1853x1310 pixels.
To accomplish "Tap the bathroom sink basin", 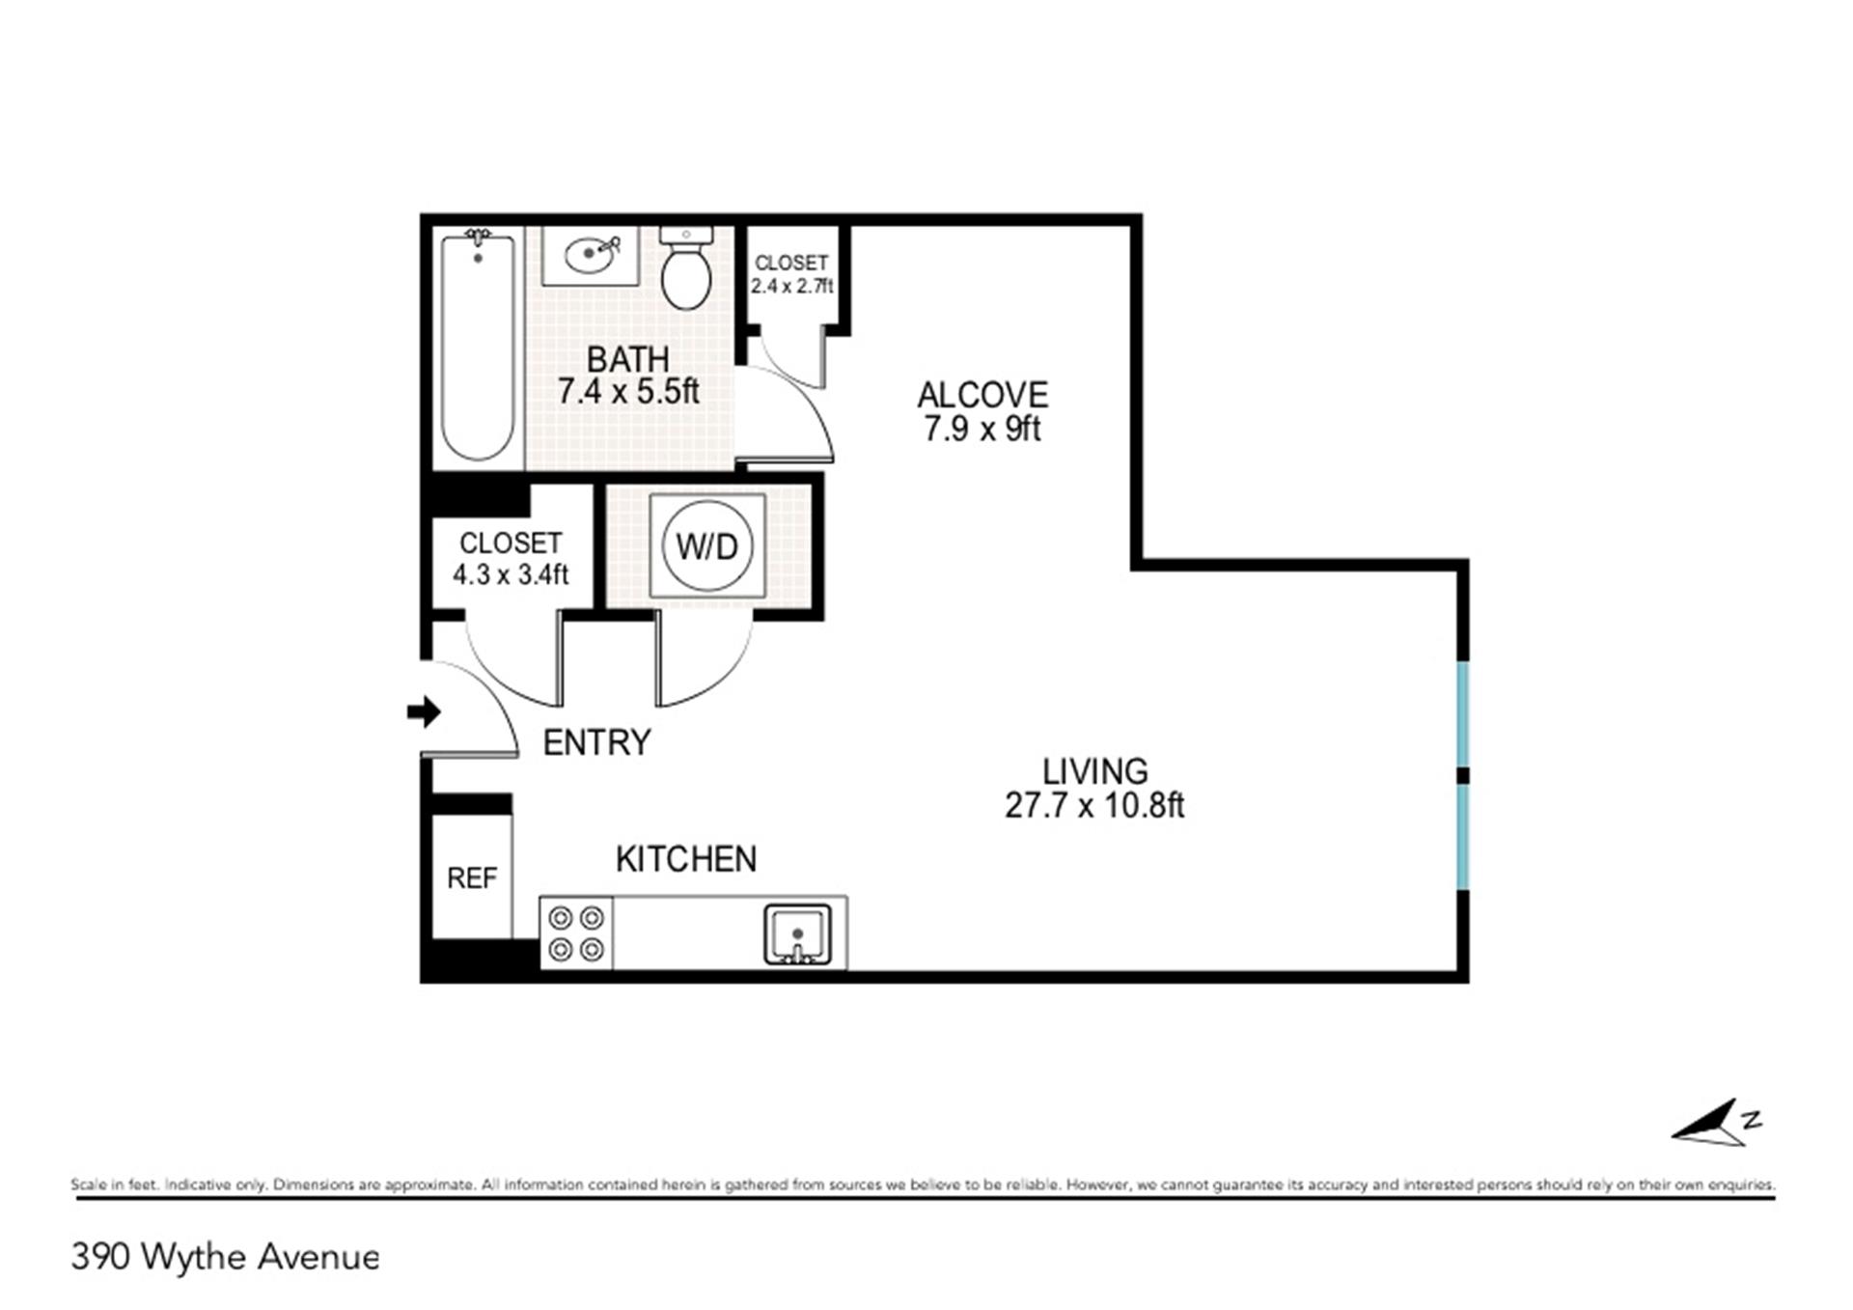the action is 591,256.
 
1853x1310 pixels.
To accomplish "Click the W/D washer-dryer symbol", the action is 707,546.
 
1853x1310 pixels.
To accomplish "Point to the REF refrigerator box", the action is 472,877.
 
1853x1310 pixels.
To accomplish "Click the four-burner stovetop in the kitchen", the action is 577,933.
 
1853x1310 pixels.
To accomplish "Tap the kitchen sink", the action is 798,934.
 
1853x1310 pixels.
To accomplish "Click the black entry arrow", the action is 424,712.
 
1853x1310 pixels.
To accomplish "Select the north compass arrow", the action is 1718,1124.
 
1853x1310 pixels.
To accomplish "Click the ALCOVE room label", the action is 982,395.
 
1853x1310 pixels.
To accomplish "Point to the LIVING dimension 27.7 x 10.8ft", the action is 1094,804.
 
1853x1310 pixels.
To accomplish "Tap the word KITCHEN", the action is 686,859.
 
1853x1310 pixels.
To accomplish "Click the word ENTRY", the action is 597,742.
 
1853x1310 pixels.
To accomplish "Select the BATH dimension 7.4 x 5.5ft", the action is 628,391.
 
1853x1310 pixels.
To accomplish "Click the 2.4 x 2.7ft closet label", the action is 792,286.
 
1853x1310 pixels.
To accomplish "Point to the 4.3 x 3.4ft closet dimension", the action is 511,574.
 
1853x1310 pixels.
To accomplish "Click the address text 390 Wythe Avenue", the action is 226,1257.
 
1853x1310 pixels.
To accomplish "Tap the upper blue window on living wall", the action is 1463,713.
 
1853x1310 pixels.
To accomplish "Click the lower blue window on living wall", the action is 1463,836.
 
